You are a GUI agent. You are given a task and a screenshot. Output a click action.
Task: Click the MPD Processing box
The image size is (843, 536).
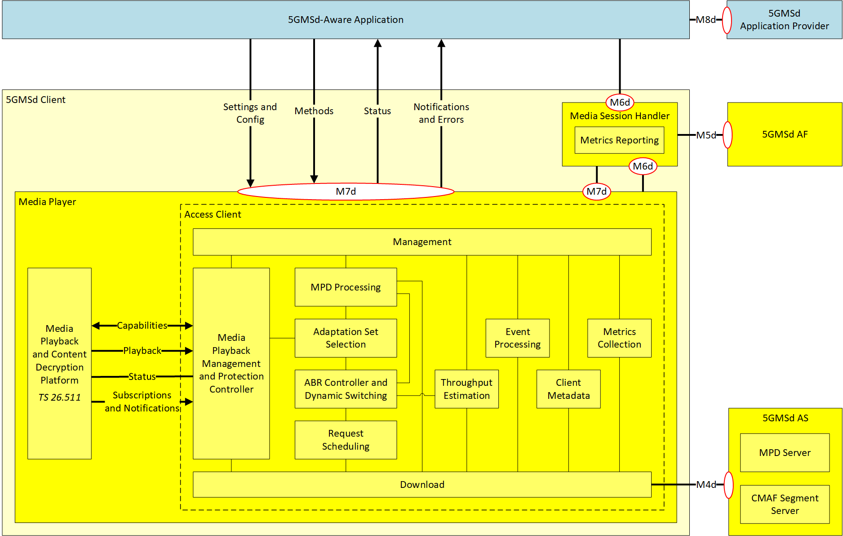click(x=346, y=287)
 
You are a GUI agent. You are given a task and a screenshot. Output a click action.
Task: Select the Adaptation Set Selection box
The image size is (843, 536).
click(x=346, y=338)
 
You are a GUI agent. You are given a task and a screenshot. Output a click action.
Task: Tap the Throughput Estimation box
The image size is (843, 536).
click(x=466, y=389)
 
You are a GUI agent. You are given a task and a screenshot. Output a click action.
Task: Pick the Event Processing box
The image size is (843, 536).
click(x=517, y=338)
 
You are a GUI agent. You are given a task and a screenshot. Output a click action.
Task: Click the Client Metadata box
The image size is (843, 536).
click(x=568, y=389)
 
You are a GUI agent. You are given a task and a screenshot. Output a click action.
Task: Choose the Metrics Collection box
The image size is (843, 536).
click(x=619, y=338)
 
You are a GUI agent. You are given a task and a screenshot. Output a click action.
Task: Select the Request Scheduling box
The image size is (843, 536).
click(x=346, y=440)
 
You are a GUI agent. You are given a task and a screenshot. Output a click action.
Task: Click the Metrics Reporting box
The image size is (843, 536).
click(x=619, y=140)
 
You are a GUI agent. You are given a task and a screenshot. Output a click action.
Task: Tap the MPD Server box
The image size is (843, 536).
click(x=785, y=452)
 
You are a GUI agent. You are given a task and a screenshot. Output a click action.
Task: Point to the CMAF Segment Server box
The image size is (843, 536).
click(x=785, y=504)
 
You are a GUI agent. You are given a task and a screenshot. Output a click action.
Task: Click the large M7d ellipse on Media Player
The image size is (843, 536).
click(x=346, y=192)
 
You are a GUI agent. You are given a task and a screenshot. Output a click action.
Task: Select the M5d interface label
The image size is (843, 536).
click(x=706, y=135)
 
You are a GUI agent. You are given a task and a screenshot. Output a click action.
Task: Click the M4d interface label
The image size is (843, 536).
click(x=706, y=484)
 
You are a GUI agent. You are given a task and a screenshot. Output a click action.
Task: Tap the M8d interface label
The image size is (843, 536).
click(x=705, y=20)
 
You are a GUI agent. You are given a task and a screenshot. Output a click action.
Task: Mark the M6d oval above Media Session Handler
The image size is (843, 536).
click(x=620, y=103)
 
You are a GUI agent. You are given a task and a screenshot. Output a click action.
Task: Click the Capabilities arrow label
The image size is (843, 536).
click(x=142, y=326)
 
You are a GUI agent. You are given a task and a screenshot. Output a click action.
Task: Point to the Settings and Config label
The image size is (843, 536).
click(x=250, y=113)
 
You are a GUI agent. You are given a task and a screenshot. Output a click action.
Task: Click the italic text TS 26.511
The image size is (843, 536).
click(x=59, y=398)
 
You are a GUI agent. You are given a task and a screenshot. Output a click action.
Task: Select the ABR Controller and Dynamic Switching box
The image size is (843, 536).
click(x=346, y=389)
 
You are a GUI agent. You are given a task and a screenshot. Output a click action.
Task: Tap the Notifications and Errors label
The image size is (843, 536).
click(x=441, y=113)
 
